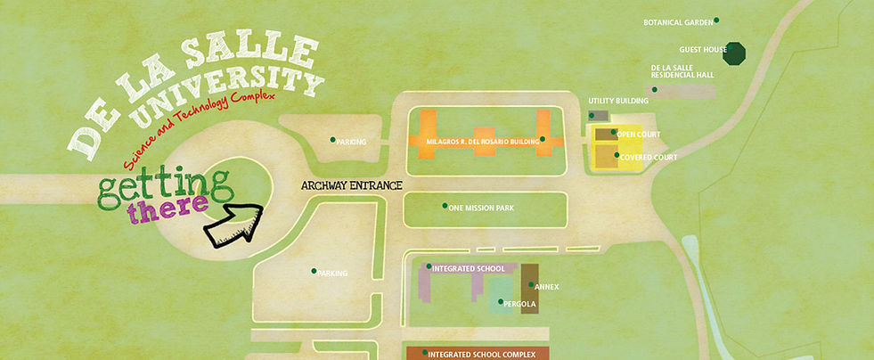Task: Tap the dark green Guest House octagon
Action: click(735, 53)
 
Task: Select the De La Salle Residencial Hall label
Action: click(682, 71)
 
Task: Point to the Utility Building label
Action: click(615, 101)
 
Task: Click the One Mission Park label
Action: click(481, 209)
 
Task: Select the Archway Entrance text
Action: click(351, 185)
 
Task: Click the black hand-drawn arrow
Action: click(233, 224)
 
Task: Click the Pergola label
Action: click(519, 304)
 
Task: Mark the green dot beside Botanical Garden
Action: click(716, 20)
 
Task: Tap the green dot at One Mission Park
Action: click(445, 206)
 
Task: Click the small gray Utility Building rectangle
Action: click(599, 116)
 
